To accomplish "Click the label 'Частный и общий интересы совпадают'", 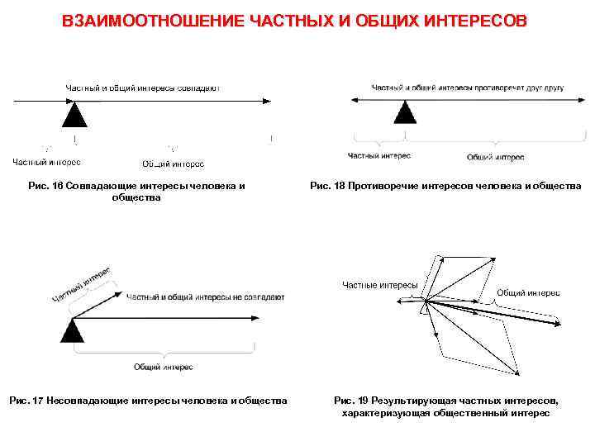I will point(143,88).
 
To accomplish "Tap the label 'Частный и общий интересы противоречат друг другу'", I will point(468,88).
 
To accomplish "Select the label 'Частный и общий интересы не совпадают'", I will point(205,296).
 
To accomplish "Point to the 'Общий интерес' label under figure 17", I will point(163,367).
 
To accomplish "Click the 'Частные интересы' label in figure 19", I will point(380,285).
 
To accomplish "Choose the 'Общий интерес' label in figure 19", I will point(528,292).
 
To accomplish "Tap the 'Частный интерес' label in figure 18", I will point(379,155).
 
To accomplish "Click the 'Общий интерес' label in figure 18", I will point(495,157).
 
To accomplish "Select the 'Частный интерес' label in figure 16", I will point(46,162).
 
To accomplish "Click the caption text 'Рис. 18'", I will point(329,187).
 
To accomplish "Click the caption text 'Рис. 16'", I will point(45,187).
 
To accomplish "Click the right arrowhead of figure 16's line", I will point(266,101).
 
